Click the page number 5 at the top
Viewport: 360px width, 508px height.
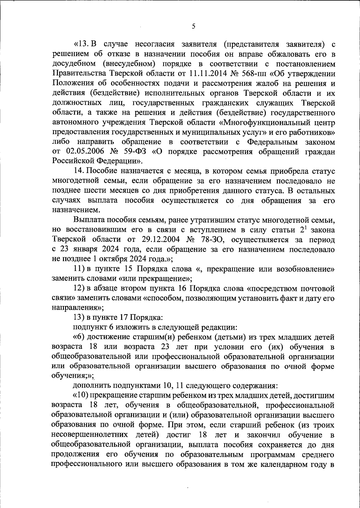[x=193, y=26]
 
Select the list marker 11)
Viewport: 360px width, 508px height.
[x=79, y=269]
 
